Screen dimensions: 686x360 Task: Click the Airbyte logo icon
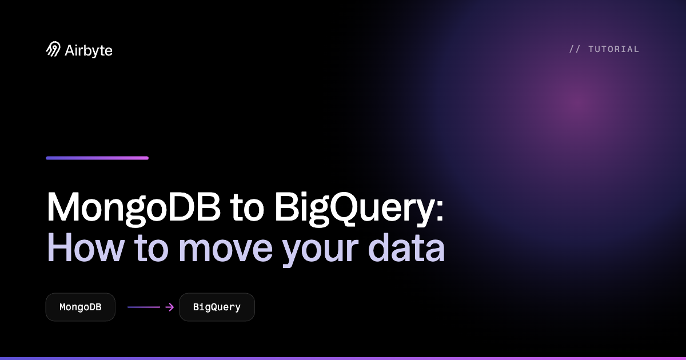coord(53,49)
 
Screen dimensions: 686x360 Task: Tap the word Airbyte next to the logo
coord(89,51)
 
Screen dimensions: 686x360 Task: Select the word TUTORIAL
coord(614,49)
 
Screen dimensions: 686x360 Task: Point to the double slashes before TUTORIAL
coord(575,49)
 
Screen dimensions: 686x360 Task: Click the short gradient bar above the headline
coord(97,158)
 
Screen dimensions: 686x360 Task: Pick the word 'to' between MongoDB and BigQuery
coord(247,209)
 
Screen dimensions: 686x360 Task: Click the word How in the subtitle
coord(86,247)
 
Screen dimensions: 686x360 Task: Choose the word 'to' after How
coord(151,249)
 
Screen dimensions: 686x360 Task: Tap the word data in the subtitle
coord(406,248)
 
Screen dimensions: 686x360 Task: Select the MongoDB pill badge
coord(81,307)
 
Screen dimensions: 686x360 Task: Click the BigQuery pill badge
coord(217,307)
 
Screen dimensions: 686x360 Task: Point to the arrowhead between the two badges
coord(170,307)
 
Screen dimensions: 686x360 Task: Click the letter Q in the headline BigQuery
coord(342,209)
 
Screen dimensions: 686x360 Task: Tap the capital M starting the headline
coord(63,206)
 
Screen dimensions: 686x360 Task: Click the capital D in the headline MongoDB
coord(181,206)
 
